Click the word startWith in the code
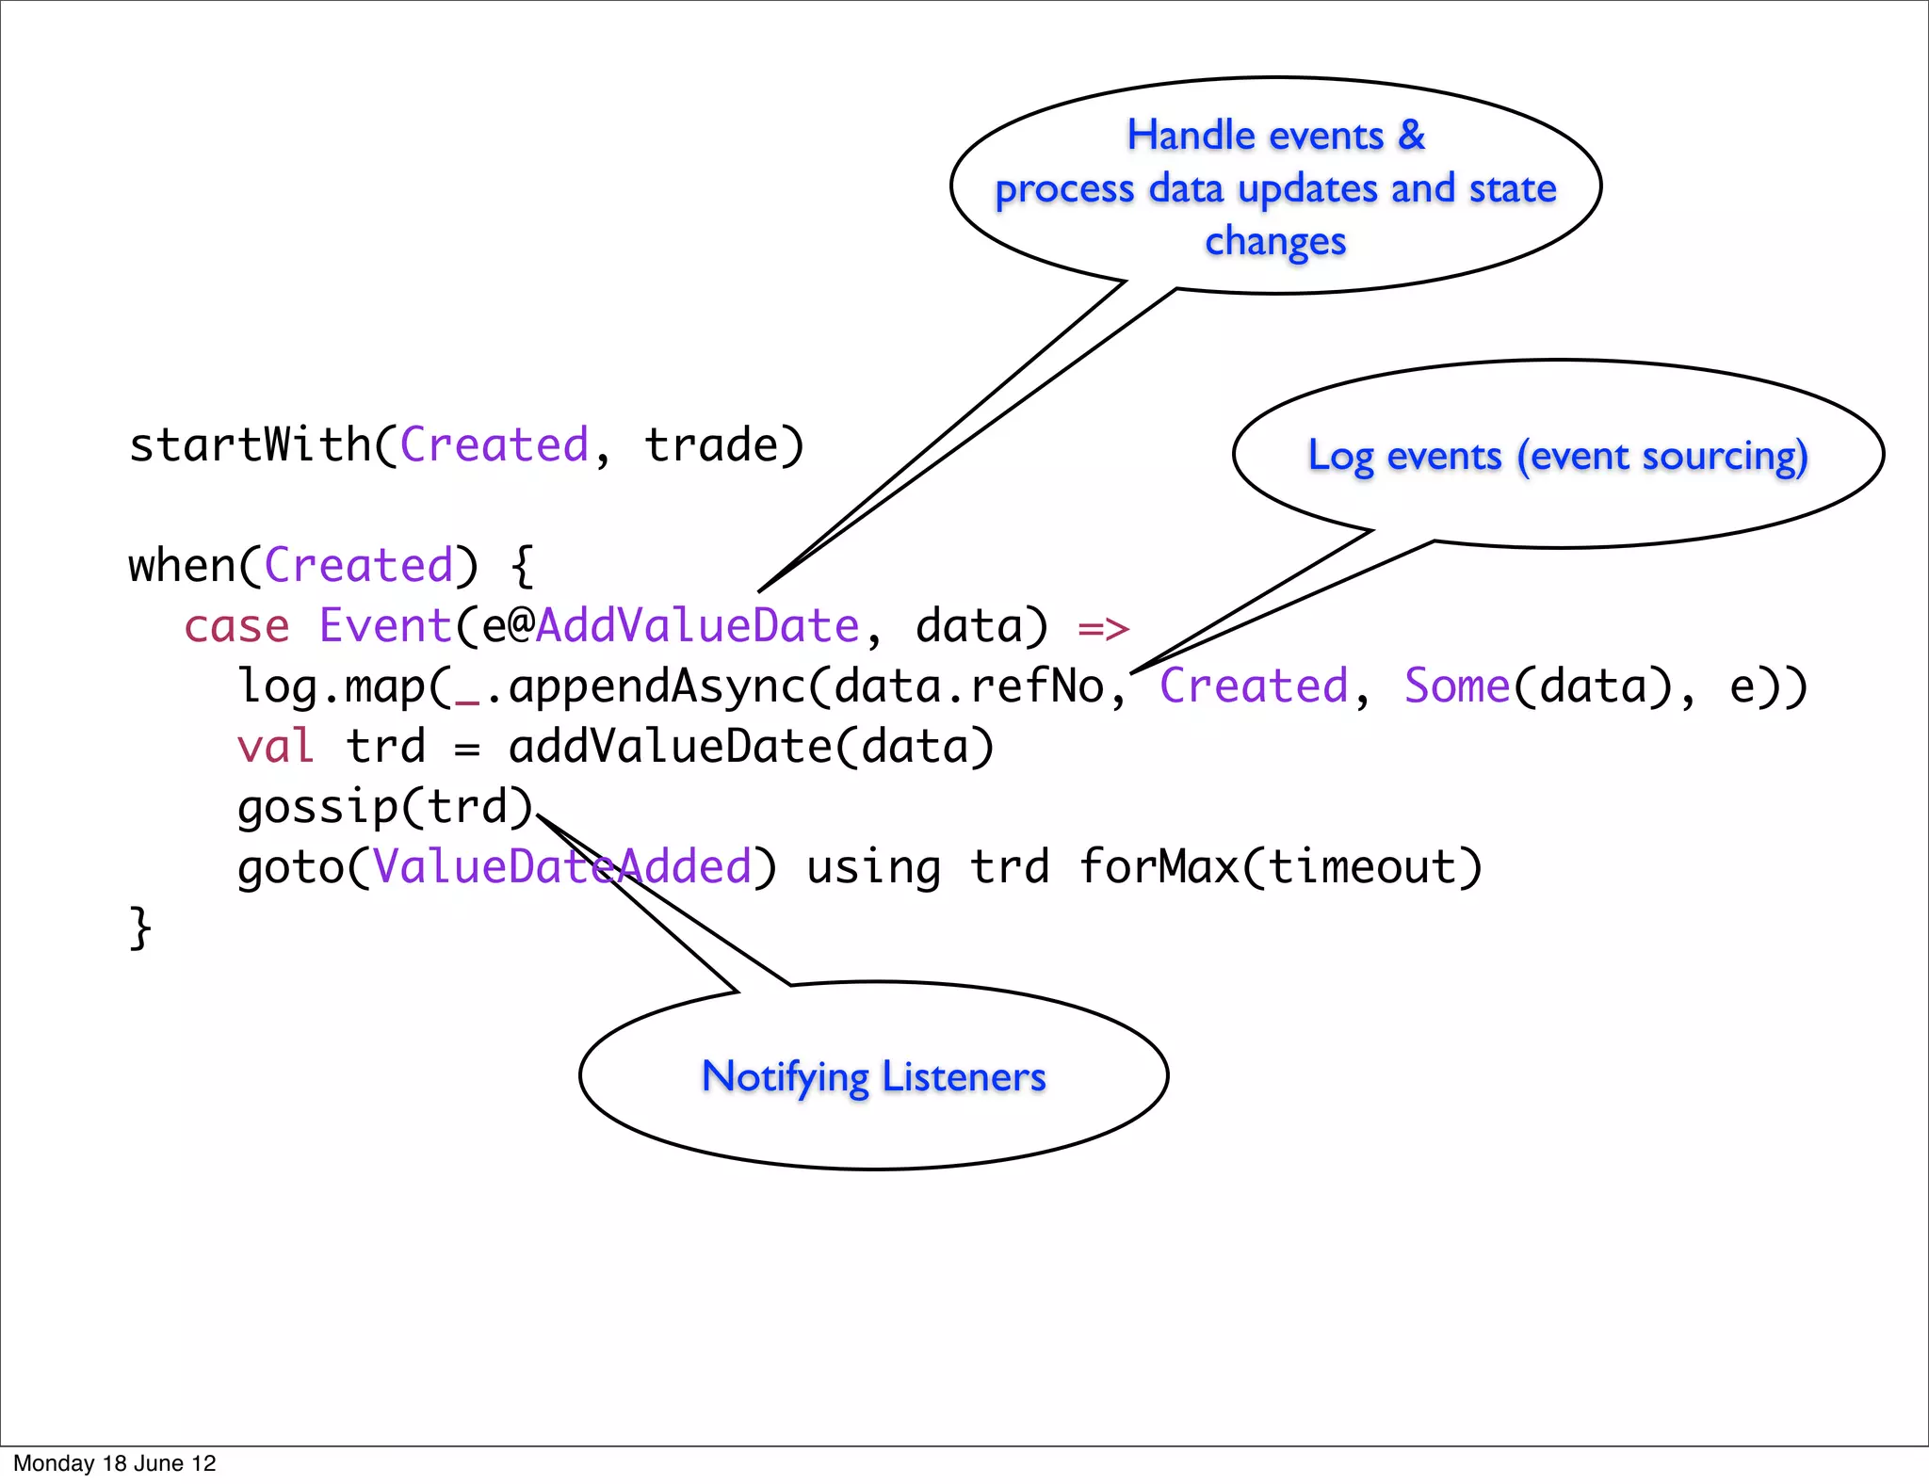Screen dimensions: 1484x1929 click(250, 444)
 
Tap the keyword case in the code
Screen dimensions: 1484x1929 click(236, 626)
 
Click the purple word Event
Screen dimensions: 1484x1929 click(385, 626)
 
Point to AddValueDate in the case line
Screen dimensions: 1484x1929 click(697, 626)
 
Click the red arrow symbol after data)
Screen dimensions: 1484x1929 click(1103, 628)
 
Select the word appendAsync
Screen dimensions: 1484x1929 click(657, 686)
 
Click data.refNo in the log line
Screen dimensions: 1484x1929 click(969, 686)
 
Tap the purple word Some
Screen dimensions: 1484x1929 click(1457, 686)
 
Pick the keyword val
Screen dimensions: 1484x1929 click(275, 747)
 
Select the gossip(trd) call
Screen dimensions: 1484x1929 click(384, 807)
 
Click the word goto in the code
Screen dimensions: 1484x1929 click(290, 867)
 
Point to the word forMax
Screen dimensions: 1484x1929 click(1159, 867)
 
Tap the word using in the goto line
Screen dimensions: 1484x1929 click(873, 867)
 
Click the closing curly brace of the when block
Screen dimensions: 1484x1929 click(139, 927)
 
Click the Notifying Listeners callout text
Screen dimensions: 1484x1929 click(873, 1076)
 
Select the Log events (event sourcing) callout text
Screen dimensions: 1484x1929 click(1558, 456)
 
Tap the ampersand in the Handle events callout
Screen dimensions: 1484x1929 click(1411, 136)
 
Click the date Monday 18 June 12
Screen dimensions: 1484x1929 click(115, 1463)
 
